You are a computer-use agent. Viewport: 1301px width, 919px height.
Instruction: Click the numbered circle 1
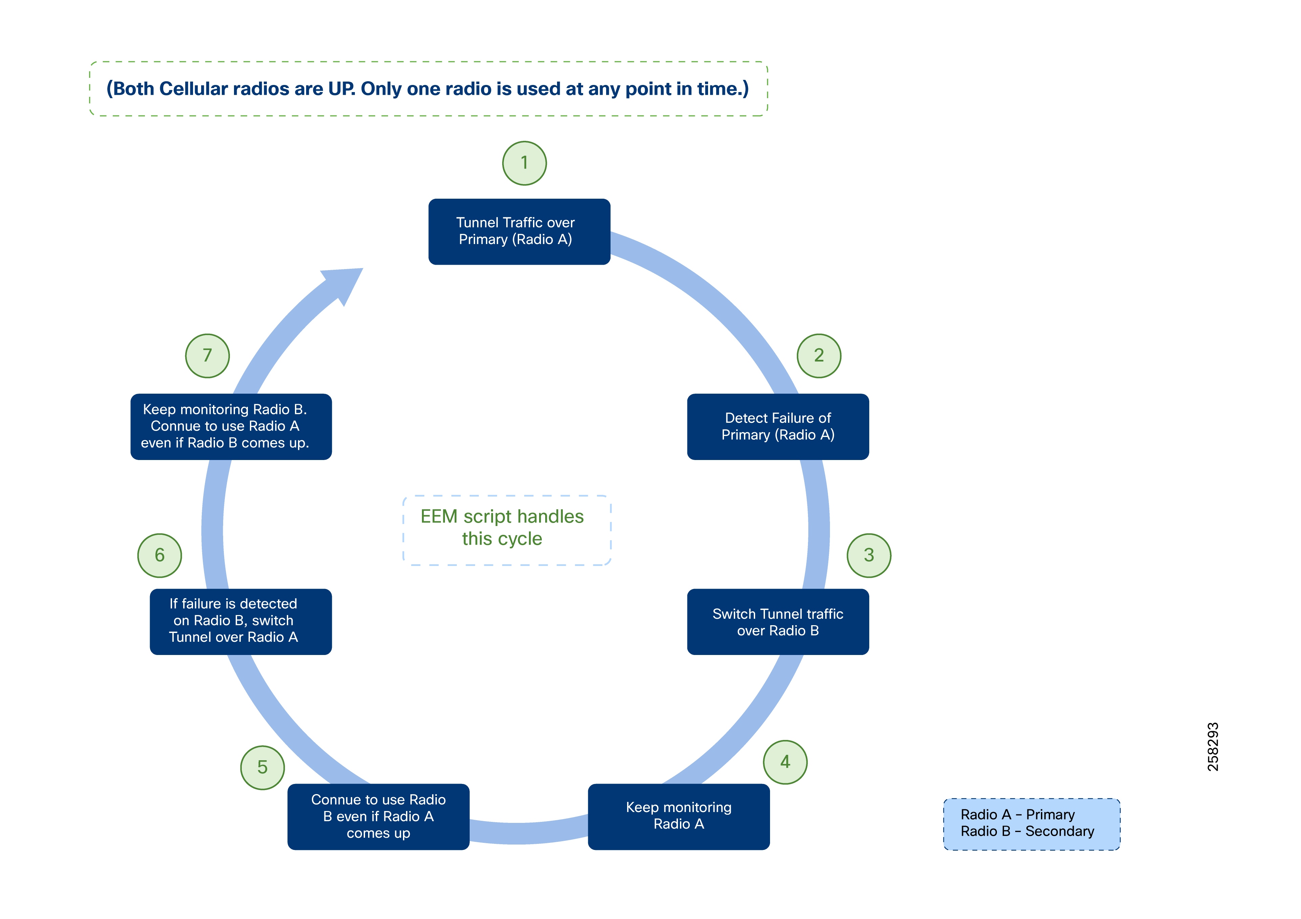pos(524,163)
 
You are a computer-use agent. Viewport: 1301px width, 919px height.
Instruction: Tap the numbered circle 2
pos(819,356)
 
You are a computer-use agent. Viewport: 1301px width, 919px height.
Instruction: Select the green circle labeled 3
pos(869,555)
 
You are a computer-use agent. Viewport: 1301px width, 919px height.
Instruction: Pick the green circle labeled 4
pos(785,762)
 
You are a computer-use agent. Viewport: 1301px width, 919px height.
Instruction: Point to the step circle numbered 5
pos(262,768)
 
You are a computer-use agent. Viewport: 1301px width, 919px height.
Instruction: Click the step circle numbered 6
pos(160,555)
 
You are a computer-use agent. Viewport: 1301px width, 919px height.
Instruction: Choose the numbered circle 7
pos(207,356)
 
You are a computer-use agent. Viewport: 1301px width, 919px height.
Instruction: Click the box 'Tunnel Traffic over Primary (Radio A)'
pos(519,231)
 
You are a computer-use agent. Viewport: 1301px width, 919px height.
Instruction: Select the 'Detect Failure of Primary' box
pos(777,426)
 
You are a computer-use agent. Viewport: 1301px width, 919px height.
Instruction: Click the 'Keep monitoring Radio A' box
pos(678,816)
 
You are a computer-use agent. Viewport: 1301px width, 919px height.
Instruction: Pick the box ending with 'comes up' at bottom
pos(378,816)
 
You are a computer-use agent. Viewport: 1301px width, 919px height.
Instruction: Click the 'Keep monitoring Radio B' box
pos(231,426)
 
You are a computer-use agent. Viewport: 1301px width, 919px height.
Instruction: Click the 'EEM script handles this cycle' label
pos(502,527)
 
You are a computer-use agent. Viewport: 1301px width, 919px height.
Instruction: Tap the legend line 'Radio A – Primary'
pos(1017,815)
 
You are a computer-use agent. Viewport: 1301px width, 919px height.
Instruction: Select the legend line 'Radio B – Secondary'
pos(1027,831)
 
